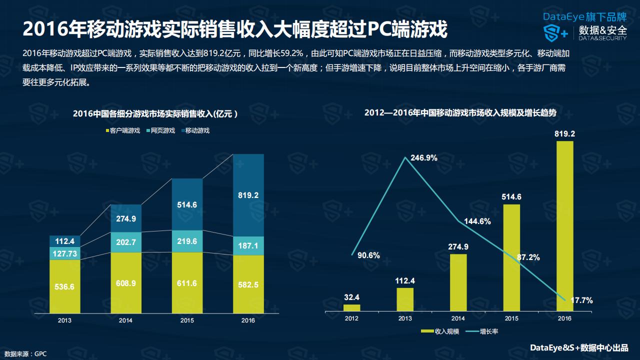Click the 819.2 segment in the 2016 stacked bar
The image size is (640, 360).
(248, 195)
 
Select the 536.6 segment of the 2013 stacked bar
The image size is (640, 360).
(64, 286)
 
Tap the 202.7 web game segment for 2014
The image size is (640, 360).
(126, 242)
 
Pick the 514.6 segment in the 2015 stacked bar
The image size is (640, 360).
(187, 204)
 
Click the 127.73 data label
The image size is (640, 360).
(64, 253)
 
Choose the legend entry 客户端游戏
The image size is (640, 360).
(122, 130)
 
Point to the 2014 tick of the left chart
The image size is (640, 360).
(126, 320)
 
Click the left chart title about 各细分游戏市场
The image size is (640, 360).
(154, 113)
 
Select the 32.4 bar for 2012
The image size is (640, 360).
(352, 308)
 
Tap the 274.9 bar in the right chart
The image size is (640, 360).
(458, 282)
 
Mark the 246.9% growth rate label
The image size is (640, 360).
(424, 158)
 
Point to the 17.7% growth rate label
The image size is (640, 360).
(580, 300)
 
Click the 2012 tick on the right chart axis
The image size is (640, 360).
(352, 318)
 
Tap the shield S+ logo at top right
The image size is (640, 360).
(555, 33)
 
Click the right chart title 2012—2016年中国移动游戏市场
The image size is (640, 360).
(460, 113)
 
